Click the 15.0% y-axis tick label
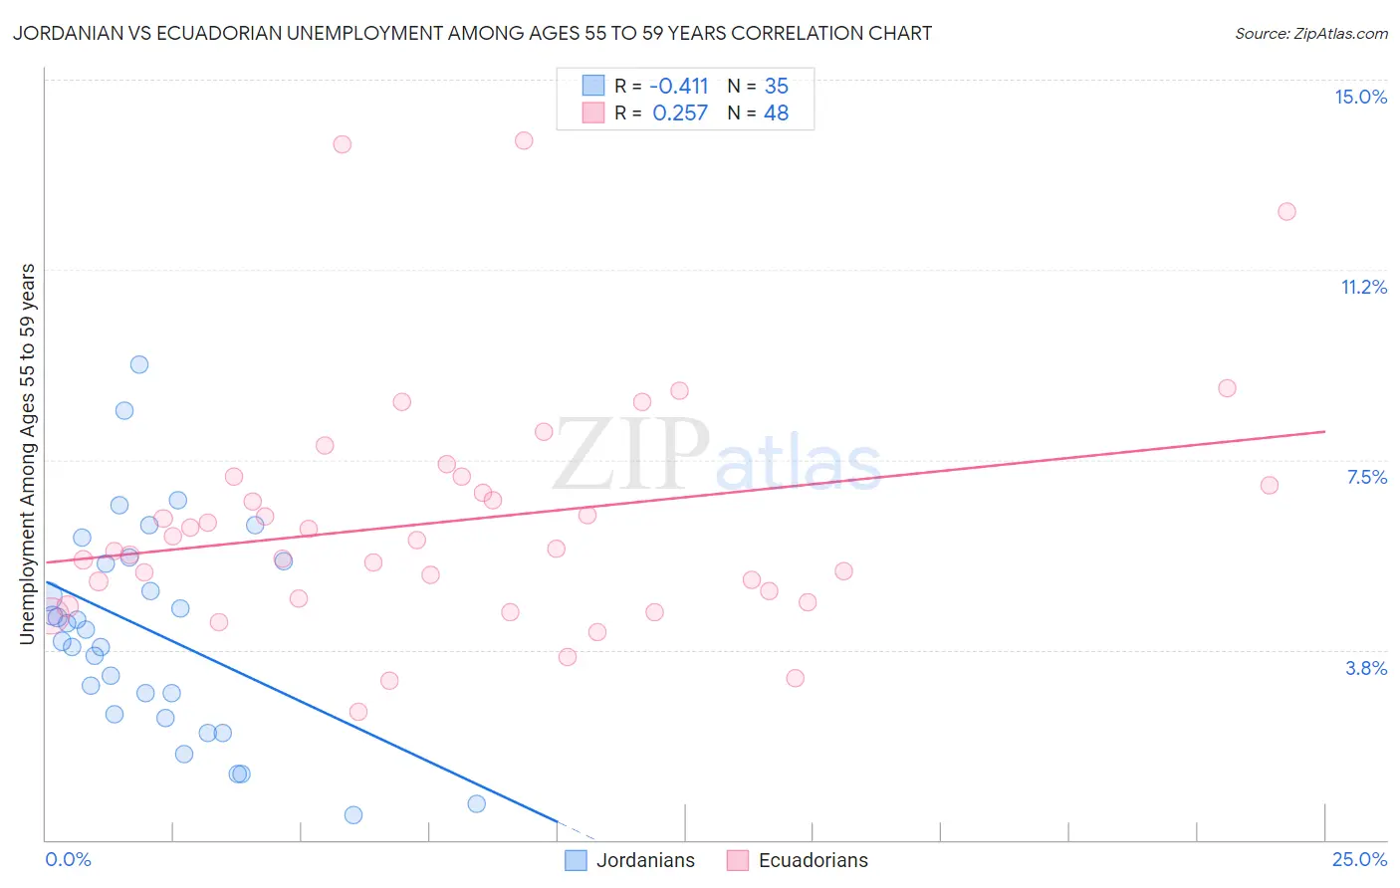[x=1360, y=97]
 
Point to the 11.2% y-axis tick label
[x=1363, y=287]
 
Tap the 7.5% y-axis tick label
[x=1366, y=477]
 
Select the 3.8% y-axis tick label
[x=1366, y=668]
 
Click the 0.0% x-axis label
[x=68, y=859]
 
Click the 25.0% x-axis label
[x=1359, y=859]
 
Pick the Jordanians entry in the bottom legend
[x=630, y=860]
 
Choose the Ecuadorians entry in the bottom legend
[x=798, y=860]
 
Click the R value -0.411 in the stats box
[x=678, y=86]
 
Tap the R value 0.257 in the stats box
[x=680, y=112]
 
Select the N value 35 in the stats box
[x=776, y=86]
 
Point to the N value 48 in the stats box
[x=776, y=112]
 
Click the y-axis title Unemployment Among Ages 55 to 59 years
[x=27, y=453]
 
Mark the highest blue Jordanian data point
[x=139, y=364]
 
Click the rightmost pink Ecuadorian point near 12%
[x=1286, y=211]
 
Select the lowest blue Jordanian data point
[x=352, y=814]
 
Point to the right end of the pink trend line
[x=1324, y=431]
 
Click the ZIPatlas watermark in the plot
[x=717, y=456]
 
